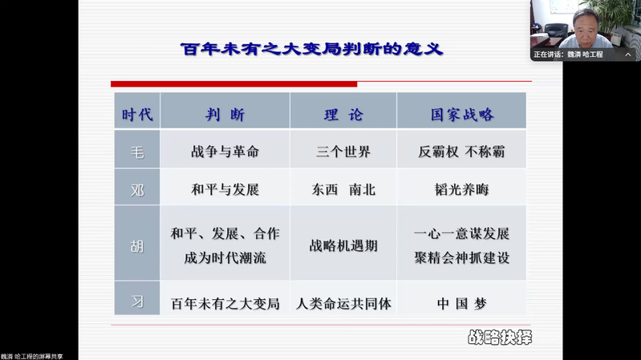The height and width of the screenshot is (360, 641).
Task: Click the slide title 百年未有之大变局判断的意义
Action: [x=312, y=49]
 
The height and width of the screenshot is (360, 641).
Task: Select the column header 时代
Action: [x=137, y=115]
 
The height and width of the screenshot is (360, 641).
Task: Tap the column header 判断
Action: [x=225, y=115]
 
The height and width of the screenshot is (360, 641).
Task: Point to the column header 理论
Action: [x=343, y=115]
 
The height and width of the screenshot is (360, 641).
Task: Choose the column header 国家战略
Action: [x=462, y=115]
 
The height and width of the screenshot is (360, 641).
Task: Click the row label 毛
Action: [x=137, y=152]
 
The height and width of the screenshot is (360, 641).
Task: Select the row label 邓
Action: [x=137, y=190]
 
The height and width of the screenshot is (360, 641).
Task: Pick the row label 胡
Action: [x=137, y=246]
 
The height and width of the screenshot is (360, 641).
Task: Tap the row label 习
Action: [x=137, y=301]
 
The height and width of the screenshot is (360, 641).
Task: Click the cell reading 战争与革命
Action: [x=225, y=152]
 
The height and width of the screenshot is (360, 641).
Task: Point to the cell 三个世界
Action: [x=343, y=152]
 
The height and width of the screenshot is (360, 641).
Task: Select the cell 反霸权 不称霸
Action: [x=461, y=152]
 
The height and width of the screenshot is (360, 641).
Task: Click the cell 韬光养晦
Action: [x=461, y=189]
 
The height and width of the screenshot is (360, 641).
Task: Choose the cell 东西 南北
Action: [x=343, y=189]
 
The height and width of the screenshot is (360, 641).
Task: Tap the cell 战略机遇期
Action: [x=343, y=245]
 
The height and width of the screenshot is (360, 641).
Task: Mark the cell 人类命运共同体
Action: [x=343, y=304]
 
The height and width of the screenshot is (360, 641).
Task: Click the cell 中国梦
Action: [x=462, y=304]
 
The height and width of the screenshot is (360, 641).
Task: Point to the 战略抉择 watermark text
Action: [x=500, y=338]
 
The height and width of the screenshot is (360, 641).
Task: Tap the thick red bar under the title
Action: [x=233, y=84]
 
